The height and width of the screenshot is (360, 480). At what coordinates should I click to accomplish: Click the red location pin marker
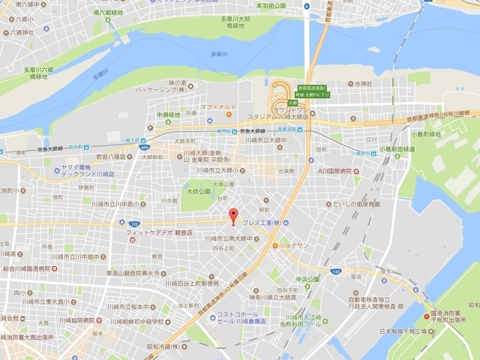232,214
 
